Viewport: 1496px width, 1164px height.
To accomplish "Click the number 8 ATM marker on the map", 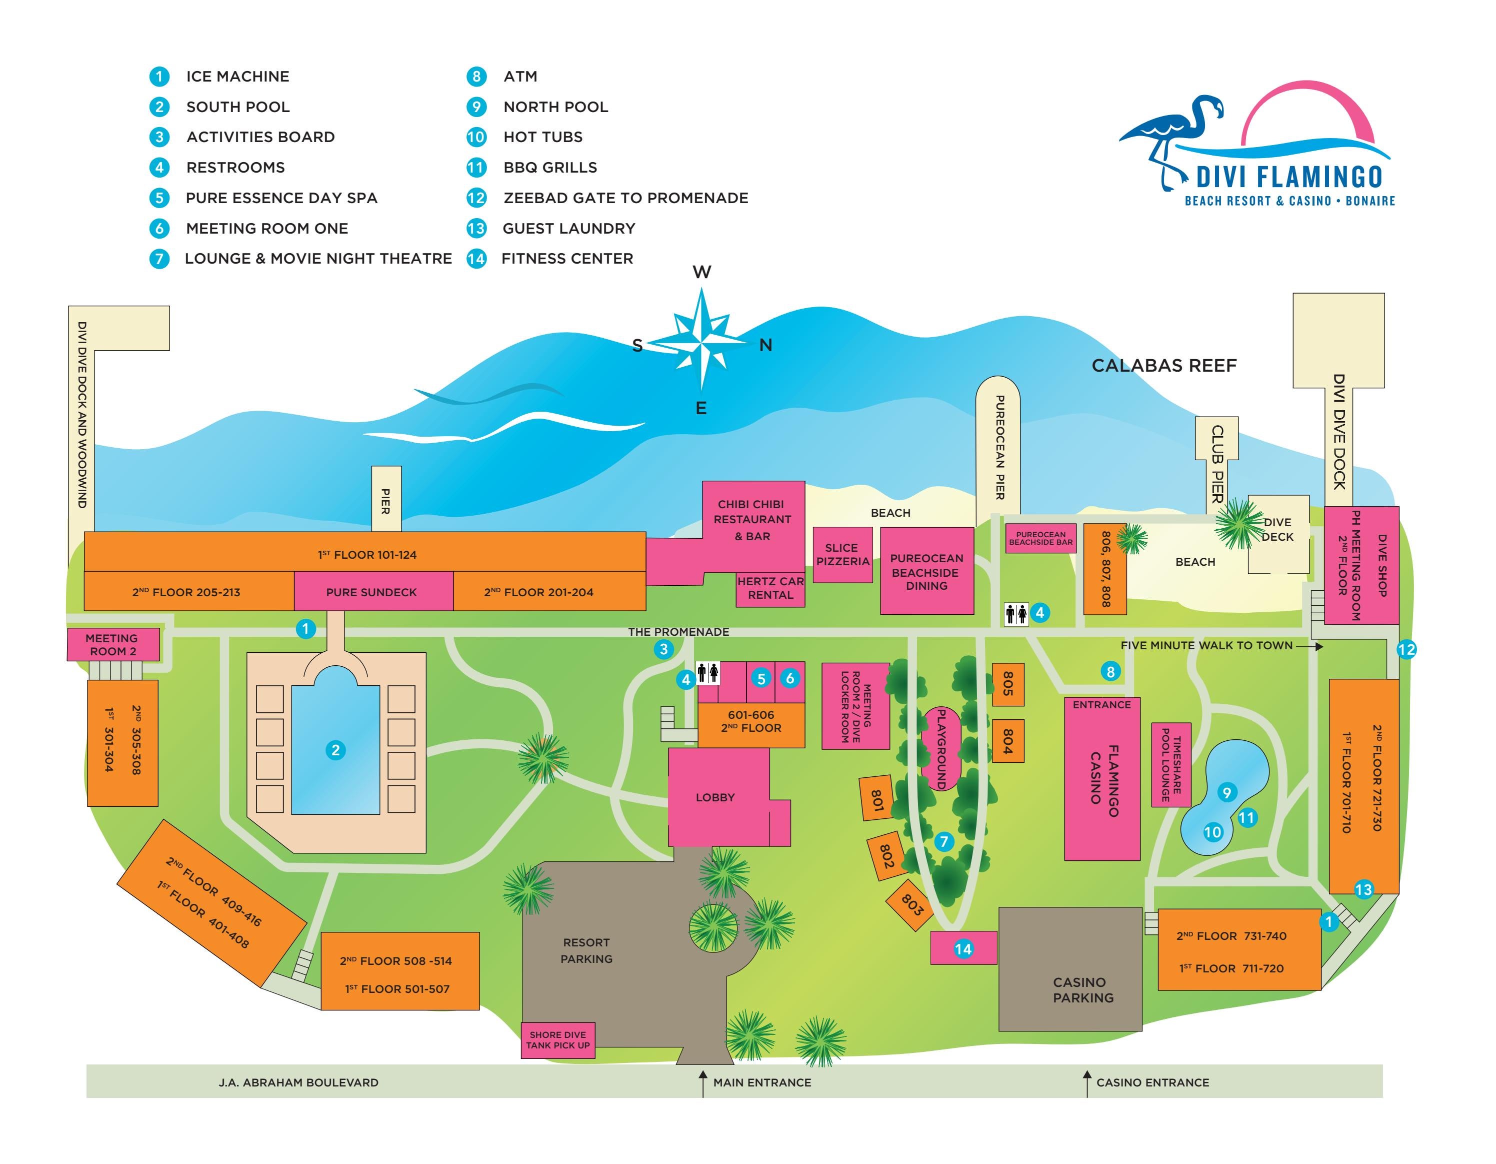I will [1110, 671].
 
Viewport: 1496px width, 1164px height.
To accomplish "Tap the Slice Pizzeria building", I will [842, 554].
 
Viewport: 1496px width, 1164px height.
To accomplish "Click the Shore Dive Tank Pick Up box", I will [557, 1040].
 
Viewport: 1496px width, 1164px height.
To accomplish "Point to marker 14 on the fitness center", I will [963, 949].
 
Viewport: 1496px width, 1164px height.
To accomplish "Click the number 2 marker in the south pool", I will [335, 750].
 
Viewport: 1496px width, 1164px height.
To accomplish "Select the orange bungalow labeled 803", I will [911, 905].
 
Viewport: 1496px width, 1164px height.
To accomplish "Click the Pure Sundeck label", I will [371, 592].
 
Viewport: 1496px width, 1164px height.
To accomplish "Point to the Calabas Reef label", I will [1164, 366].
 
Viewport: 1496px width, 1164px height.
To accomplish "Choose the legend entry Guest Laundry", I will [568, 228].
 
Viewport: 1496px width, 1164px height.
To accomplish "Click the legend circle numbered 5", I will [159, 198].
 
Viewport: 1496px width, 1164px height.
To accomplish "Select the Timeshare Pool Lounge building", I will [1170, 765].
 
